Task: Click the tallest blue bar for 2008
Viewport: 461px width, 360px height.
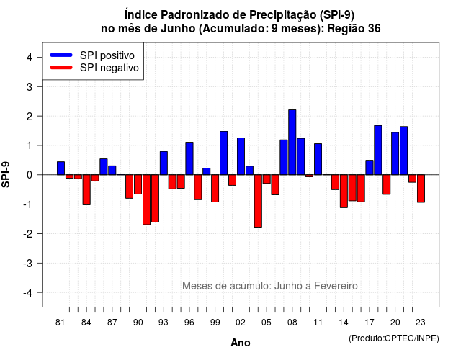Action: (292, 143)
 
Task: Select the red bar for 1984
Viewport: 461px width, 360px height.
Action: (86, 189)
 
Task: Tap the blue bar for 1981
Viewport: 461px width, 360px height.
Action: (61, 168)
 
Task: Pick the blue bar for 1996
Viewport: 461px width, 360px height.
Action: (189, 158)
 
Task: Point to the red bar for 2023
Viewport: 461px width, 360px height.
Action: (421, 189)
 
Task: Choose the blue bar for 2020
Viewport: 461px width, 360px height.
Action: (395, 153)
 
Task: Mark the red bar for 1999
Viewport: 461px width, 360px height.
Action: (215, 188)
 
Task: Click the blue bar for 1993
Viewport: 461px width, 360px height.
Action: (164, 163)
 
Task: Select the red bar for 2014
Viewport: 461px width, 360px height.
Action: (344, 191)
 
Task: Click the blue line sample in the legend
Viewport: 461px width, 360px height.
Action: (61, 55)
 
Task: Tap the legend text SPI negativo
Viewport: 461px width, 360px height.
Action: (109, 68)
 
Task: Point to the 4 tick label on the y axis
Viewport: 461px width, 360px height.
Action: (30, 58)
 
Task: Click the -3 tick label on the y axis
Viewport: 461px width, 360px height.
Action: (27, 263)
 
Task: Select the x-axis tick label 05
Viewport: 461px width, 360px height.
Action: (267, 323)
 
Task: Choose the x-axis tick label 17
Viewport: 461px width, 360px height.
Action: (370, 323)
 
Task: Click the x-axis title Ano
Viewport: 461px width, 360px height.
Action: (241, 343)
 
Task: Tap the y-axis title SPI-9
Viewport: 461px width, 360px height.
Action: (6, 174)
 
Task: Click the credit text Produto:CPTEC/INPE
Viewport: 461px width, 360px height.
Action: (394, 338)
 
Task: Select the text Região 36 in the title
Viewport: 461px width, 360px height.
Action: (354, 29)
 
